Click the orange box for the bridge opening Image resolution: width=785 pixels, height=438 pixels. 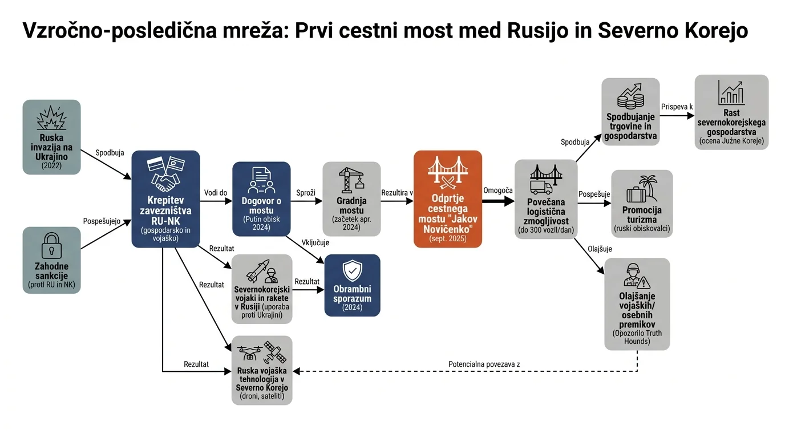(447, 199)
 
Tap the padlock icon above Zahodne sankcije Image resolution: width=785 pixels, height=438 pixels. (51, 246)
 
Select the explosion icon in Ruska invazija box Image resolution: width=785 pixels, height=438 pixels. (51, 117)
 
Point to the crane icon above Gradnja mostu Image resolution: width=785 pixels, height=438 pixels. (351, 180)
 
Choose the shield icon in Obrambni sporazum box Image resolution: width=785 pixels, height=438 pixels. (352, 270)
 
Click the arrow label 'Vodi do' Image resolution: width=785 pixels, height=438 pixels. (216, 193)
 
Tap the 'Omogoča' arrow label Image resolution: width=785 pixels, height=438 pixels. (498, 190)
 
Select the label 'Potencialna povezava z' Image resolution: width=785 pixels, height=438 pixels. (484, 364)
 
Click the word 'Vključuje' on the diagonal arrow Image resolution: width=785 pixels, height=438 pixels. (315, 242)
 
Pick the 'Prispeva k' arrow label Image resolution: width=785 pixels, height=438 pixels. (677, 107)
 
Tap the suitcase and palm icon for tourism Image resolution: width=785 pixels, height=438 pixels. (642, 189)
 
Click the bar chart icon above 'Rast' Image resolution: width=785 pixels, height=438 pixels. (731, 92)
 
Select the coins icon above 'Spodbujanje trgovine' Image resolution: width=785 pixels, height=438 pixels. (630, 96)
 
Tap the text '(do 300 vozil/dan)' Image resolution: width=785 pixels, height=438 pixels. (546, 230)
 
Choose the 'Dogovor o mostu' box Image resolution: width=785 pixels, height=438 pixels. (261, 198)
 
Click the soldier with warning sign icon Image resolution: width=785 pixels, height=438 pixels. (637, 275)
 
